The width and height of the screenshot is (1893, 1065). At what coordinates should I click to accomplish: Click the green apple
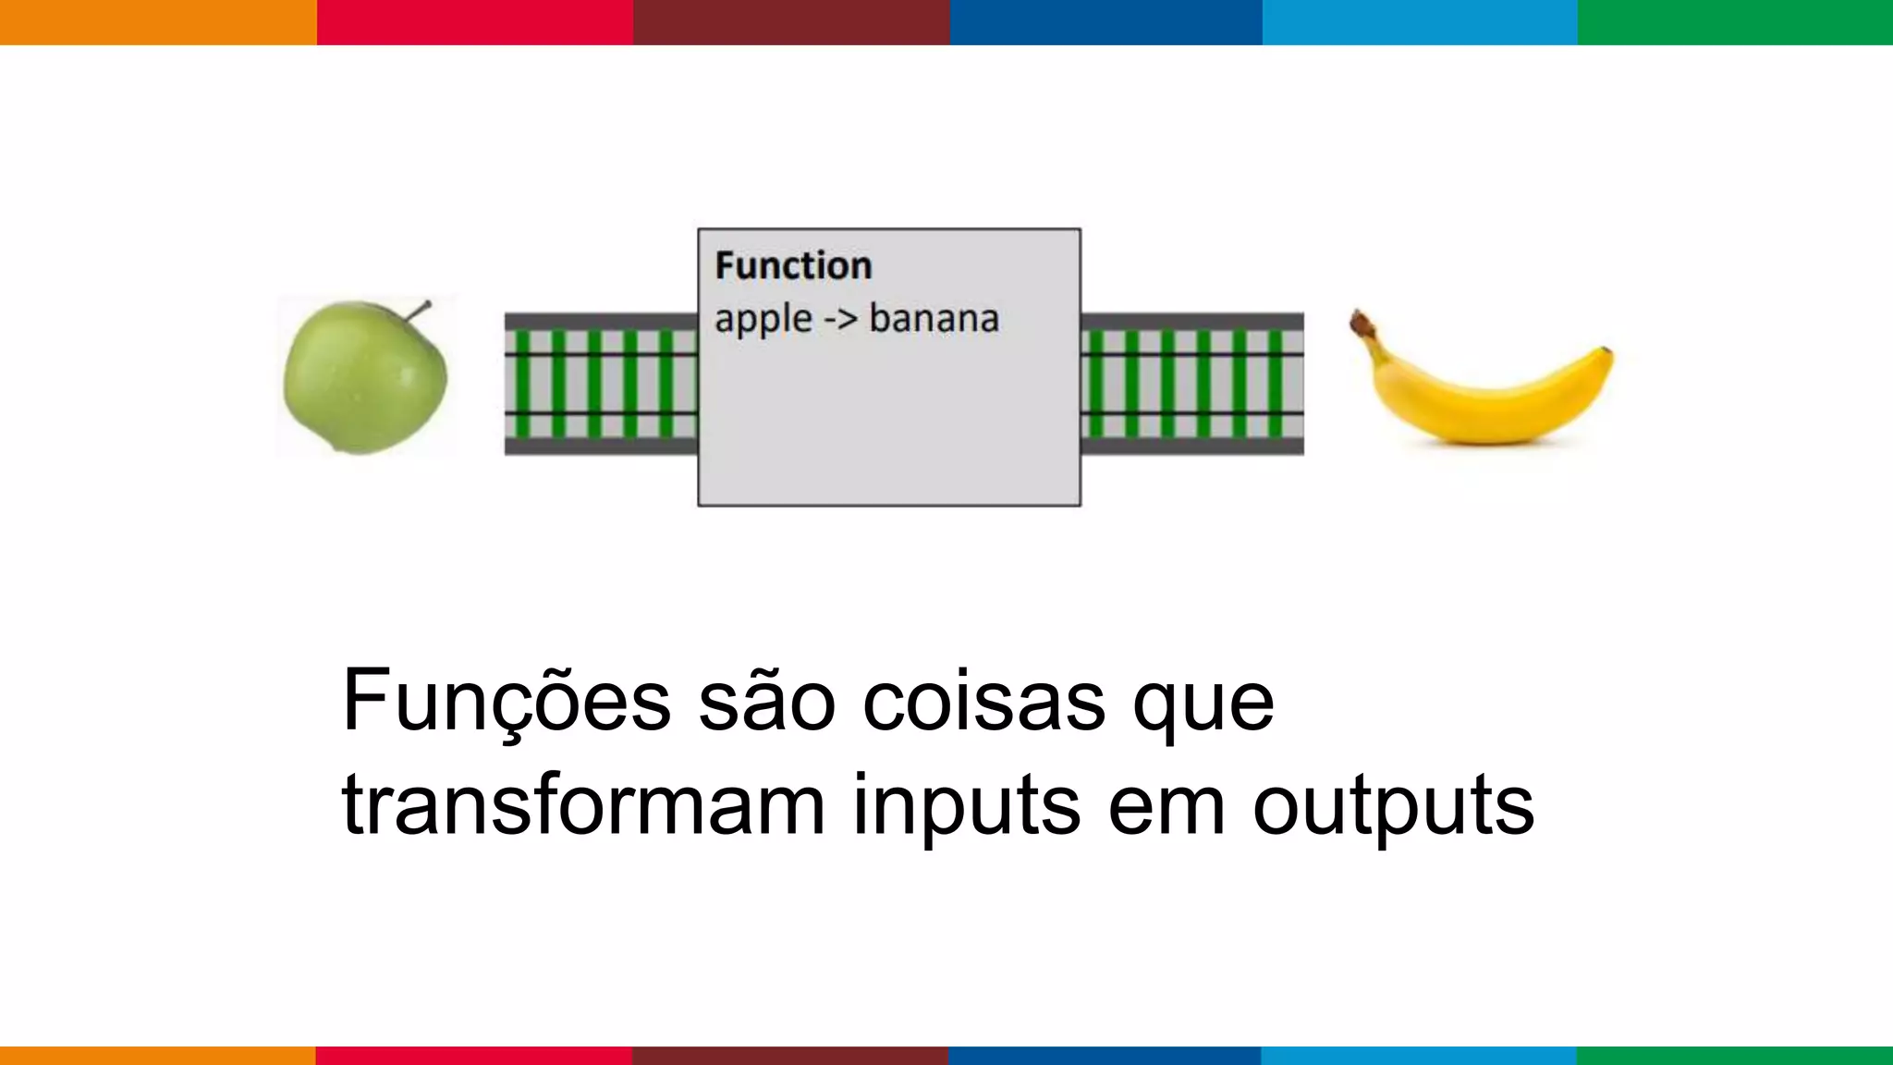(x=364, y=379)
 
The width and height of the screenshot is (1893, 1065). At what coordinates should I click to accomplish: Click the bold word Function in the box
(x=793, y=266)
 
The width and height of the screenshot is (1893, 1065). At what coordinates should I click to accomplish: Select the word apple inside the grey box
(x=763, y=320)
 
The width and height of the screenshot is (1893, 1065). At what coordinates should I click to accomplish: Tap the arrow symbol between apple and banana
(x=840, y=320)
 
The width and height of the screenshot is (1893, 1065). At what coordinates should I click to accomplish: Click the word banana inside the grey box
(x=934, y=319)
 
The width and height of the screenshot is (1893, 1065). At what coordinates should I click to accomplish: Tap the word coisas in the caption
(x=983, y=701)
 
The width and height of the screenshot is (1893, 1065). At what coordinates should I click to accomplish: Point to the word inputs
(x=966, y=806)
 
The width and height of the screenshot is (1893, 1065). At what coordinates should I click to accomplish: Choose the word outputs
(x=1393, y=806)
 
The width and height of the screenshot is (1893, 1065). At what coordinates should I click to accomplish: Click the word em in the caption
(x=1166, y=806)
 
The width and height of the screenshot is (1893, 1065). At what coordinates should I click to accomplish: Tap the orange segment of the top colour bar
(x=158, y=22)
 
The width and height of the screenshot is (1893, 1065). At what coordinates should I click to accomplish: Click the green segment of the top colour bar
(x=1735, y=22)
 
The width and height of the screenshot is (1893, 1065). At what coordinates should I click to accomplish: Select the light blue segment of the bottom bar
(x=1419, y=1055)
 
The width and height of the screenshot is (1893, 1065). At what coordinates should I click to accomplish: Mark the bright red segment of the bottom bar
(x=474, y=1055)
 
